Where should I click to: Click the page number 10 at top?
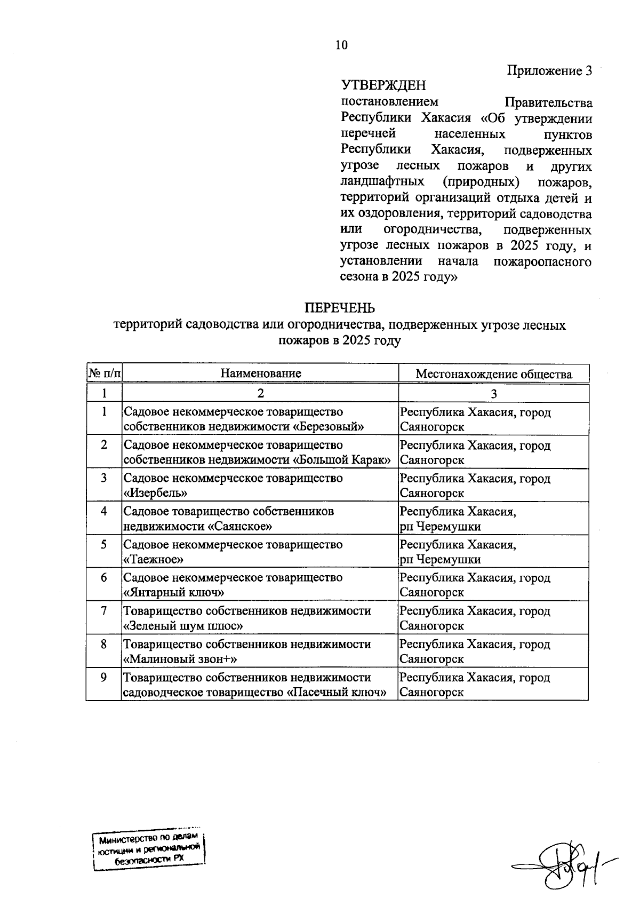(341, 45)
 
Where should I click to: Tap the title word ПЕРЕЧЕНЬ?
(339, 308)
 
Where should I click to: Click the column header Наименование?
(261, 373)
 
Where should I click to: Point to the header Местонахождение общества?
(493, 374)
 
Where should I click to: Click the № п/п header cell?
(104, 373)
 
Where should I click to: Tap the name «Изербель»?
(155, 493)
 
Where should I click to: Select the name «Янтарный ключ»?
(174, 593)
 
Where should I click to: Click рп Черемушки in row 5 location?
(440, 560)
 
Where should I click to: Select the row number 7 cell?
(104, 611)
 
